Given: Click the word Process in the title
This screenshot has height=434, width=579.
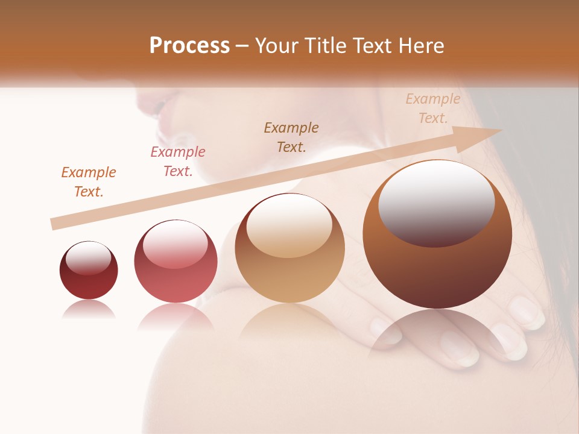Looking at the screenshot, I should [189, 46].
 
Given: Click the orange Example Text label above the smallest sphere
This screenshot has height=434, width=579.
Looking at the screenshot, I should [89, 182].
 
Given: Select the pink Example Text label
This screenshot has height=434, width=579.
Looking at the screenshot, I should [178, 162].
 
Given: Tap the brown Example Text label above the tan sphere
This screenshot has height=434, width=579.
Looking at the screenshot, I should [291, 137].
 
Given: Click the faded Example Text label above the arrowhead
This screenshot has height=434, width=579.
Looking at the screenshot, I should [433, 108].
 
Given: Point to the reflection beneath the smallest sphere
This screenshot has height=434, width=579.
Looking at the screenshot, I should [89, 309].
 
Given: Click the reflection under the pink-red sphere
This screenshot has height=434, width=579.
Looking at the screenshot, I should [176, 316].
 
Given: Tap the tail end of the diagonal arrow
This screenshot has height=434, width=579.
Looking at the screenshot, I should [55, 224].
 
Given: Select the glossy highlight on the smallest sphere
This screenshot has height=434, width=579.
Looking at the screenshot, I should [88, 257].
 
